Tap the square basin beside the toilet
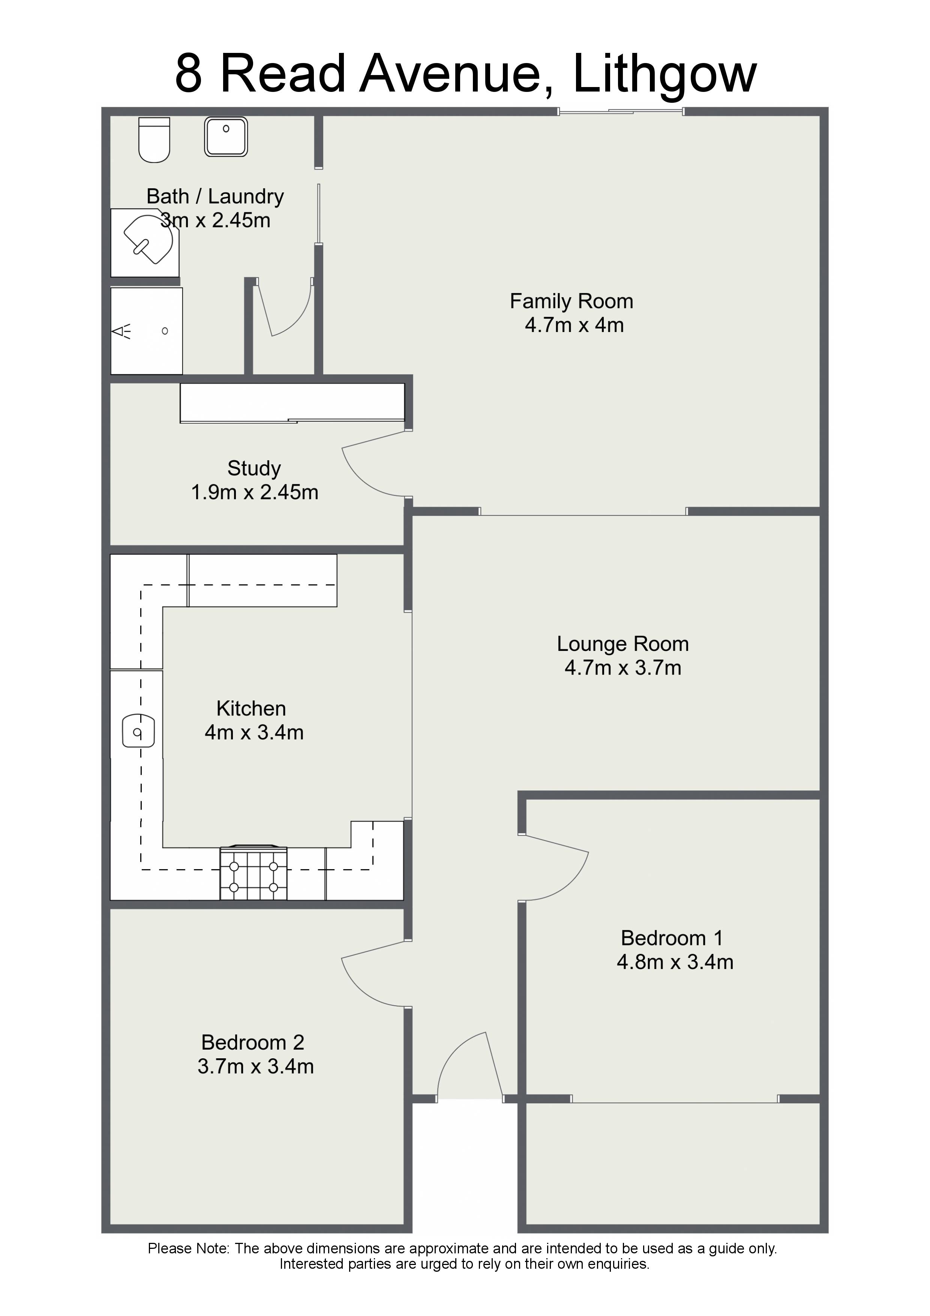coord(226,137)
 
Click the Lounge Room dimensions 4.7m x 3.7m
coord(623,668)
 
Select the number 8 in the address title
coord(189,74)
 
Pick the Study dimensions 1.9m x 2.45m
coord(254,492)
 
